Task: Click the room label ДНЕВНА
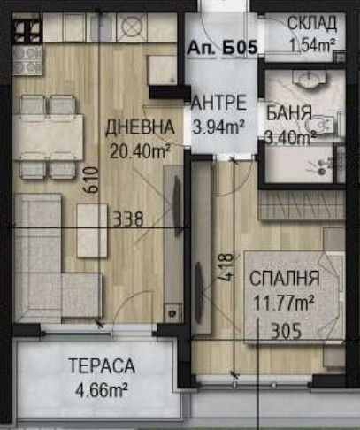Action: [140, 127]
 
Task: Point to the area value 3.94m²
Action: [218, 126]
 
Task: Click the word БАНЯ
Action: [288, 114]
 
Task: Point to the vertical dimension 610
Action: [89, 183]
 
